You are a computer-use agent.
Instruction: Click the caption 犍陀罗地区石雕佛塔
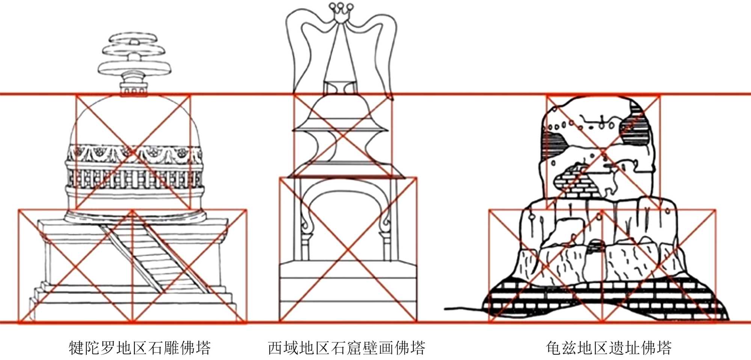[x=140, y=348]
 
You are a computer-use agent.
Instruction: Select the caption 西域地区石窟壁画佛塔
[x=346, y=348]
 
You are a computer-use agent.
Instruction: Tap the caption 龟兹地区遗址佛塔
[x=609, y=348]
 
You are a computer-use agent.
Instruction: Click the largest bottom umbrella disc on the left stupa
[x=134, y=68]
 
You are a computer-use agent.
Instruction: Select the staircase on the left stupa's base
[x=154, y=255]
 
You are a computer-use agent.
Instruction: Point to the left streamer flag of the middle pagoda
[x=300, y=45]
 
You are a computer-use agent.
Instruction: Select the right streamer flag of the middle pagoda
[x=383, y=45]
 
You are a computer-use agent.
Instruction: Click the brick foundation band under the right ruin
[x=601, y=300]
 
